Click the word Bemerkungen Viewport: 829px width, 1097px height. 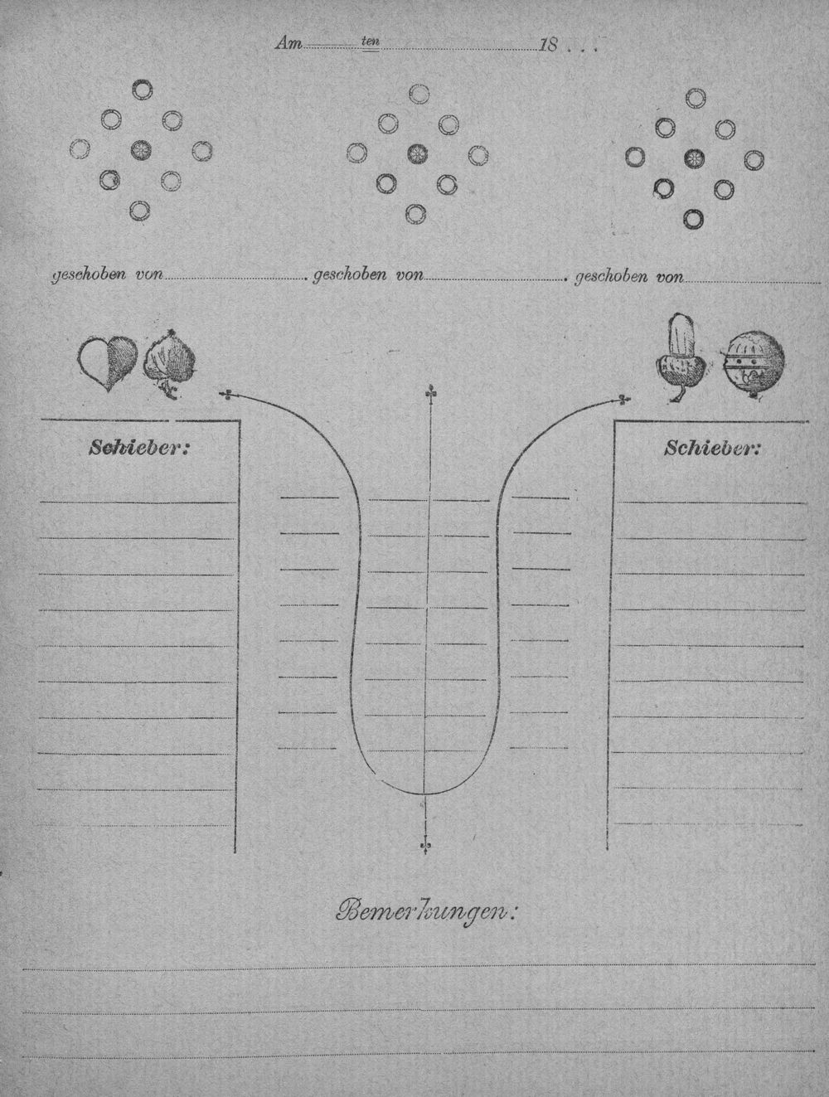coord(426,913)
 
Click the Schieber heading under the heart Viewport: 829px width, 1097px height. coord(138,448)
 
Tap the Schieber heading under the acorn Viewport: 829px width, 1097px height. coord(711,449)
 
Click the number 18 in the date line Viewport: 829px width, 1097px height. coord(548,46)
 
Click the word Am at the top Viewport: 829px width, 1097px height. coord(288,44)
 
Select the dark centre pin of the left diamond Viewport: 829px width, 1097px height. coord(141,149)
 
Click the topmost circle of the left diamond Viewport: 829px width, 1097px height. coord(143,90)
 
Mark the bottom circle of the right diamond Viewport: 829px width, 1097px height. coord(693,218)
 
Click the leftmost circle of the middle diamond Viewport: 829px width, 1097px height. coord(356,153)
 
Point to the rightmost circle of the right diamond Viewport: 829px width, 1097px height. coord(754,160)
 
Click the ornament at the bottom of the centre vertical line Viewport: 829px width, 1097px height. coord(425,846)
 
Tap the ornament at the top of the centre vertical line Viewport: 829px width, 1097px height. coord(429,393)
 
